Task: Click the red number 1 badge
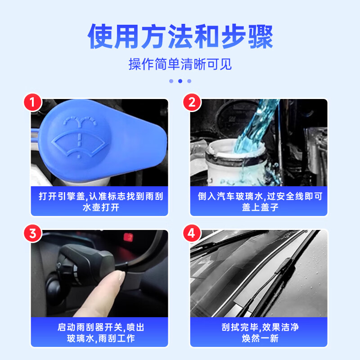(x=32, y=102)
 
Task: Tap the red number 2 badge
(x=192, y=102)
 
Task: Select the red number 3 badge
(x=32, y=234)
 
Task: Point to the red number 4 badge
(x=192, y=234)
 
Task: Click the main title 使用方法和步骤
(x=180, y=37)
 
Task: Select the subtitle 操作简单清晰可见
(x=180, y=64)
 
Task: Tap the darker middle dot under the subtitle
(x=180, y=81)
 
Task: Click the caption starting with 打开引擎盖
(x=99, y=197)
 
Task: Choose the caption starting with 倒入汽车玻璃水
(x=260, y=197)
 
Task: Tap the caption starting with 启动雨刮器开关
(x=99, y=327)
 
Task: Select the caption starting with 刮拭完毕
(x=260, y=327)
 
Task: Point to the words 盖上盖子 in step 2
(x=260, y=207)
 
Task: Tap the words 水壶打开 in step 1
(x=99, y=207)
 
